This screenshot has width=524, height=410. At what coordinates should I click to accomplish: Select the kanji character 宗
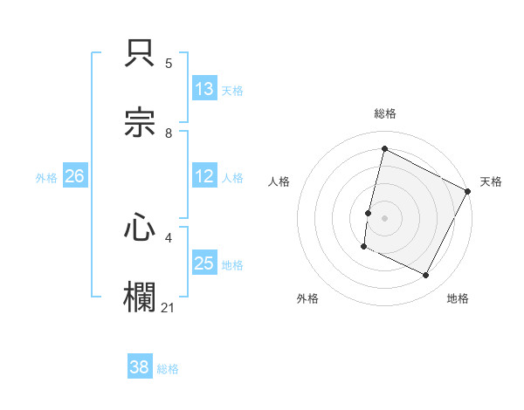pyautogui.click(x=141, y=123)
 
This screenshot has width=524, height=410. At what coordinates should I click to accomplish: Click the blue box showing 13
pyautogui.click(x=204, y=89)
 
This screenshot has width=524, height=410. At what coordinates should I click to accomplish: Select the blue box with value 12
pyautogui.click(x=204, y=176)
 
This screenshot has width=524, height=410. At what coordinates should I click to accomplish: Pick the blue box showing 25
pyautogui.click(x=204, y=263)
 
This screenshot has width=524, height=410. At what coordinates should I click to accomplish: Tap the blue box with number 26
pyautogui.click(x=75, y=176)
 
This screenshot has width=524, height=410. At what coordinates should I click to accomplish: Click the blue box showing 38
pyautogui.click(x=140, y=367)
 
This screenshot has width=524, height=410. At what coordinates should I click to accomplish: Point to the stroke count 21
pyautogui.click(x=169, y=308)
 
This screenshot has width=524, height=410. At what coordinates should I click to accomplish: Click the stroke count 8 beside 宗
pyautogui.click(x=169, y=133)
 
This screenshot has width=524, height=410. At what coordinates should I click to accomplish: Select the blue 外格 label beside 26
pyautogui.click(x=46, y=178)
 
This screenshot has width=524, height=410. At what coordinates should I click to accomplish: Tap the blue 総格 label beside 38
pyautogui.click(x=168, y=369)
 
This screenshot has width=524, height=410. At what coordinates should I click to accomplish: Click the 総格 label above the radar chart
pyautogui.click(x=385, y=113)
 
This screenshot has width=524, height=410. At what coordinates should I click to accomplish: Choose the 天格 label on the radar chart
pyautogui.click(x=491, y=181)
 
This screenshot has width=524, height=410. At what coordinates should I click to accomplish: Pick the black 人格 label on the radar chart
pyautogui.click(x=279, y=181)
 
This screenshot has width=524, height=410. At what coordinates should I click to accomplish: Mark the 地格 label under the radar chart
pyautogui.click(x=458, y=298)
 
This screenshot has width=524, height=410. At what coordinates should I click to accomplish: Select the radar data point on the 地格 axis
pyautogui.click(x=426, y=276)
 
